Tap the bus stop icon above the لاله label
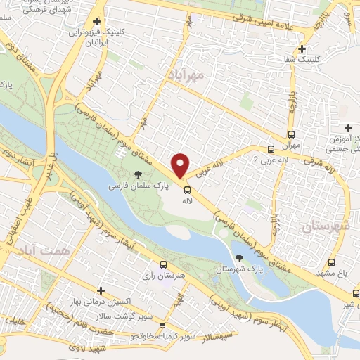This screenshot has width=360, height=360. pos(187,188)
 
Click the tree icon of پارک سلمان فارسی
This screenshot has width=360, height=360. pos(137,174)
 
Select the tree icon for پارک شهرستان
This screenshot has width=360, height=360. pos(241,258)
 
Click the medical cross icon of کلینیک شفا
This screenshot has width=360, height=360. pos(302,49)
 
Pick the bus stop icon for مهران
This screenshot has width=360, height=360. pos(291,135)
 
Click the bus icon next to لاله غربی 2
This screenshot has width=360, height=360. pos(271,149)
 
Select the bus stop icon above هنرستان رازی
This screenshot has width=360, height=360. pos(163,265)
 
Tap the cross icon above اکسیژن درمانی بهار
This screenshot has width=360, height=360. pos(101,290)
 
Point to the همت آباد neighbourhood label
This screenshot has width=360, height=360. pos(34,250)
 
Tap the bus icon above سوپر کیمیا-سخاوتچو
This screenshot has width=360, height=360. pos(162,326)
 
